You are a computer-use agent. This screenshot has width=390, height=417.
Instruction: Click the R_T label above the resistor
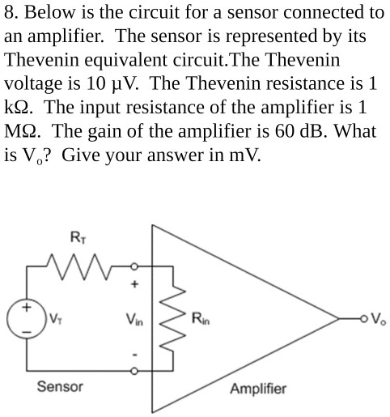[x=76, y=237]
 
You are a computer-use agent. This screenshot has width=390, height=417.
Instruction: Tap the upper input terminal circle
[x=135, y=265]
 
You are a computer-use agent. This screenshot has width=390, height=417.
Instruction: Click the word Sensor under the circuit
[x=60, y=387]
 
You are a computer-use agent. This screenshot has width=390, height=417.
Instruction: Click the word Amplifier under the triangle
[x=258, y=389]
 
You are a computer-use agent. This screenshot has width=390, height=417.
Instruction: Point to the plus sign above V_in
[x=135, y=283]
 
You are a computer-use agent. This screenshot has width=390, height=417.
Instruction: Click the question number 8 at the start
[x=10, y=13]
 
